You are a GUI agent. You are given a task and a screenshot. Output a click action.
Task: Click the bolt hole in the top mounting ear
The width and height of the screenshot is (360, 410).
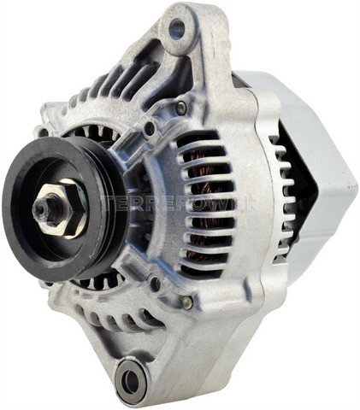pos(178,29)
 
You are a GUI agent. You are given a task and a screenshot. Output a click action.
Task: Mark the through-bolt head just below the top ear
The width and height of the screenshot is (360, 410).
pos(181,108)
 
